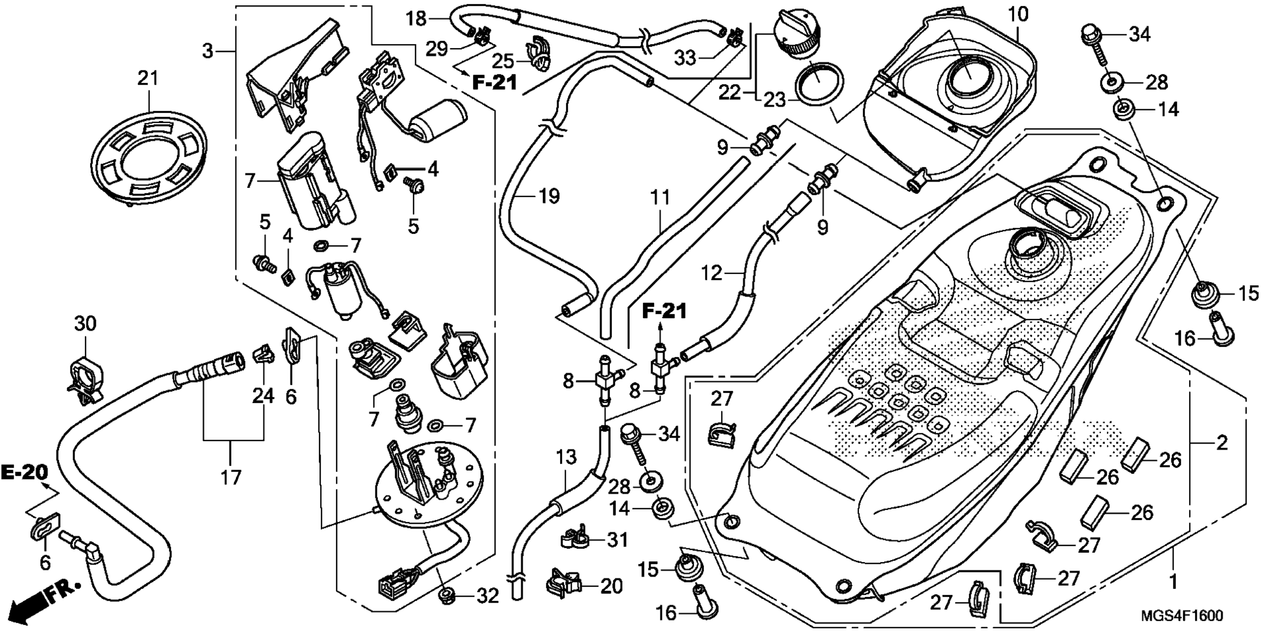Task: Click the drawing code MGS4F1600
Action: (x=1182, y=616)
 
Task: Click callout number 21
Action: (x=148, y=78)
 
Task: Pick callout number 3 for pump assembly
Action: (x=208, y=51)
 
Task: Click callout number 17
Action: (x=231, y=477)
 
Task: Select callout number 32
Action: (x=488, y=596)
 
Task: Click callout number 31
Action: (x=617, y=540)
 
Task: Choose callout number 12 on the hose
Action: (x=711, y=272)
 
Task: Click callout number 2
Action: (x=1221, y=442)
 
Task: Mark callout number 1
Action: (x=1172, y=582)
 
